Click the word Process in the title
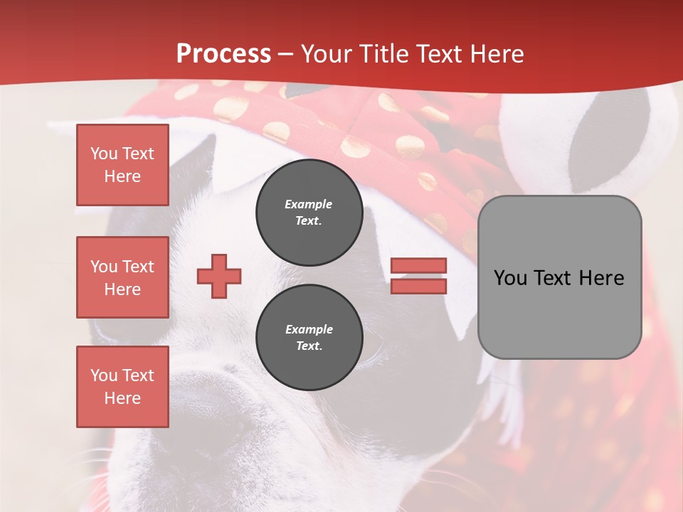pyautogui.click(x=223, y=54)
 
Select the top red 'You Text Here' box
pyautogui.click(x=122, y=165)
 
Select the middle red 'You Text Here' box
pyautogui.click(x=122, y=277)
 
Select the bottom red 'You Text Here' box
pyautogui.click(x=122, y=387)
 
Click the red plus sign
pyautogui.click(x=219, y=276)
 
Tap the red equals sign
pyautogui.click(x=418, y=276)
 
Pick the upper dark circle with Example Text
pyautogui.click(x=309, y=213)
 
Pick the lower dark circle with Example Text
pyautogui.click(x=309, y=338)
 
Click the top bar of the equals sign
pyautogui.click(x=418, y=266)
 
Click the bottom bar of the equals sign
pyautogui.click(x=418, y=286)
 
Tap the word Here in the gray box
pyautogui.click(x=601, y=278)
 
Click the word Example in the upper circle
pyautogui.click(x=309, y=204)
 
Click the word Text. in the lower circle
pyautogui.click(x=309, y=346)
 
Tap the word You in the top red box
pyautogui.click(x=104, y=154)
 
